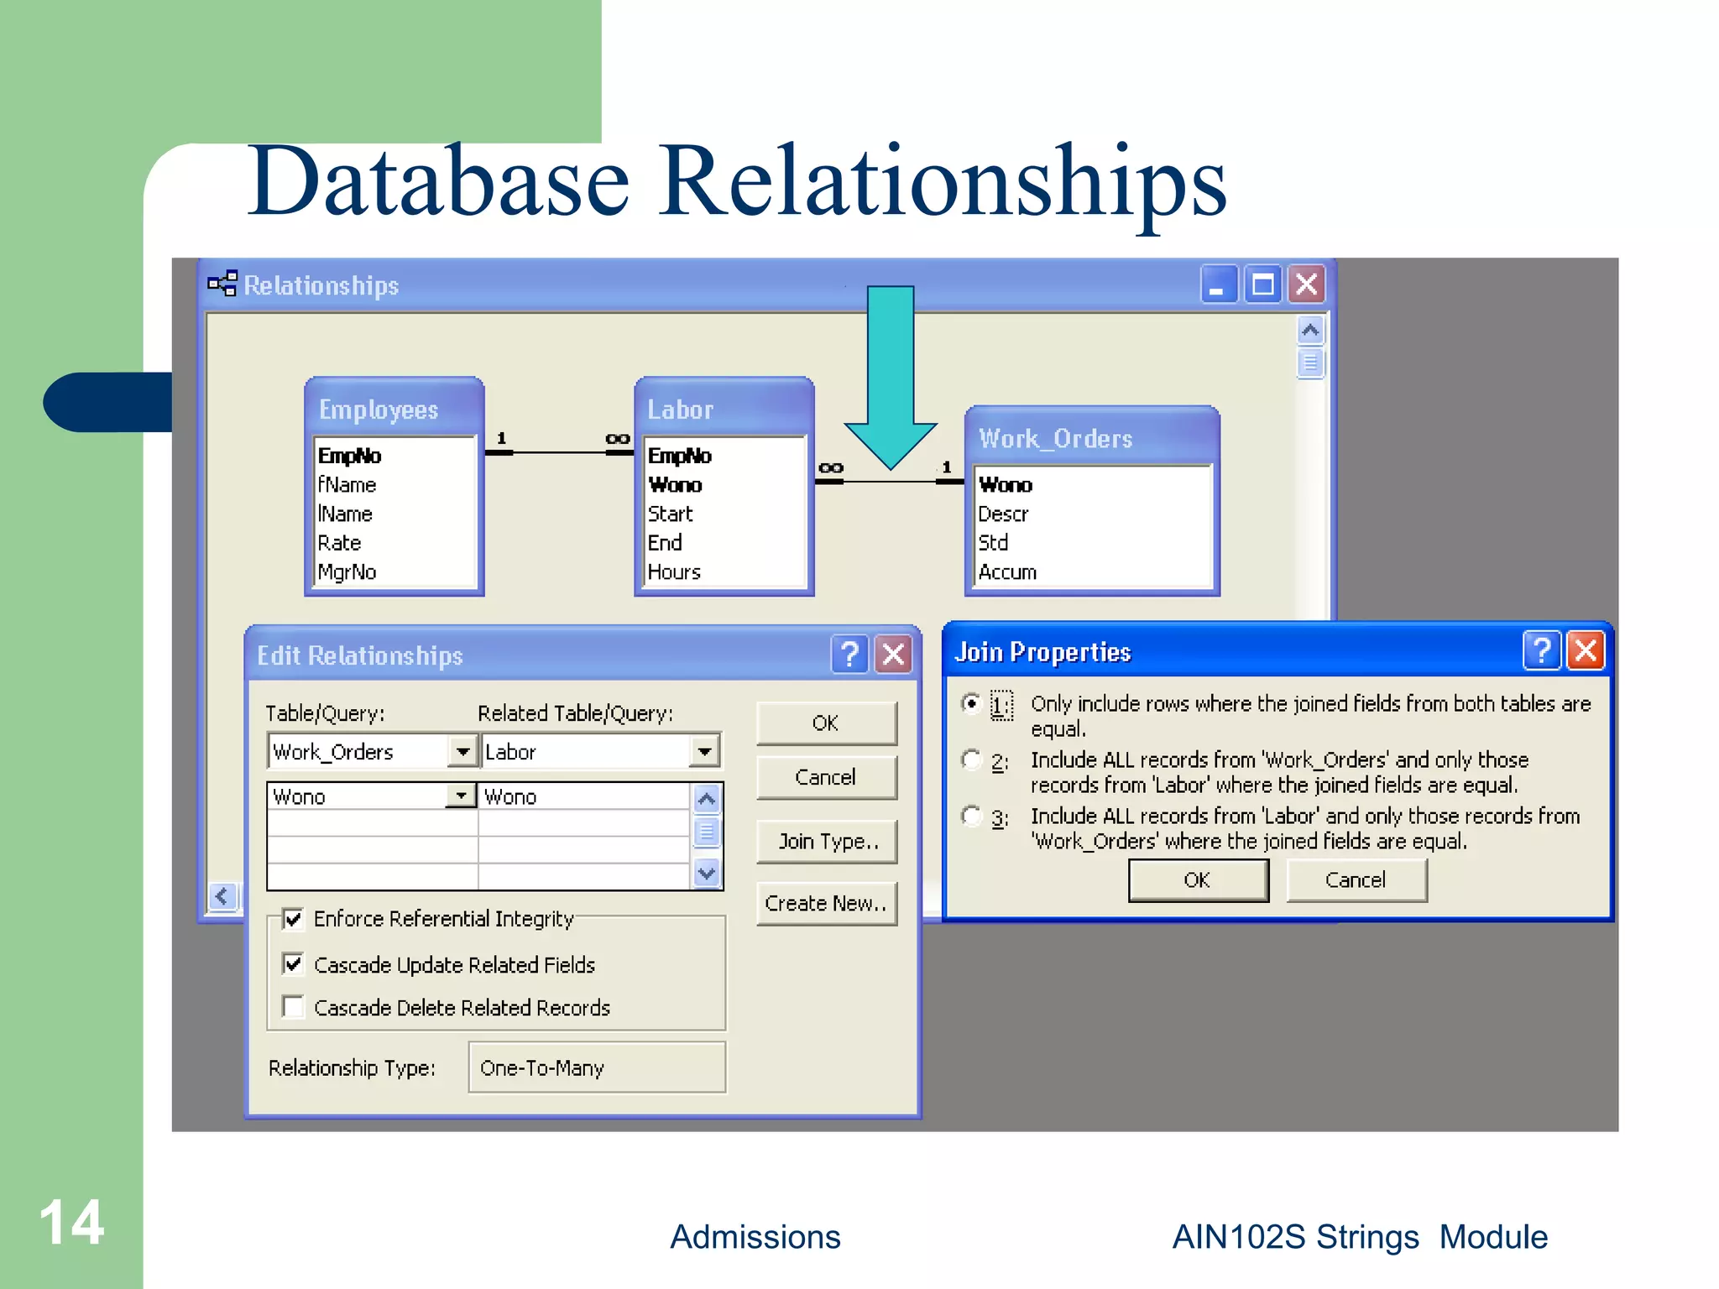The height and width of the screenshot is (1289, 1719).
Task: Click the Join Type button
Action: pos(827,841)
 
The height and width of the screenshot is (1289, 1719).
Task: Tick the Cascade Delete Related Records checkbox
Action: pos(293,1006)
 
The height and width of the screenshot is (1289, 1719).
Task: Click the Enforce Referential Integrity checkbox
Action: pos(293,919)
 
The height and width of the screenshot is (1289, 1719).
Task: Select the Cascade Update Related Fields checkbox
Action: pos(293,963)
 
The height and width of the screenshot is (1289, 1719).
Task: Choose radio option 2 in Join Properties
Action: pos(971,759)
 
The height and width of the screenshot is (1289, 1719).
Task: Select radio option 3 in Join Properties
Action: pos(971,816)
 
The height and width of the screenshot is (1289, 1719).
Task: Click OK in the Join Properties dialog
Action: pos(1197,879)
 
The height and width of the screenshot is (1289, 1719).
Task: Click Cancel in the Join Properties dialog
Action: pos(1355,879)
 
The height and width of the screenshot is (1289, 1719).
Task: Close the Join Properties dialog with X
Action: pos(1586,650)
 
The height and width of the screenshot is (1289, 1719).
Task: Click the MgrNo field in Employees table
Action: pos(347,572)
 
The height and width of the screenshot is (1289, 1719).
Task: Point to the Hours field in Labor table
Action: pos(674,572)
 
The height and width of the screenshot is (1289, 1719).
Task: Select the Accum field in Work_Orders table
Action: pos(1007,572)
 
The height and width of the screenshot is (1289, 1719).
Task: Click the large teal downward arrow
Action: pos(891,378)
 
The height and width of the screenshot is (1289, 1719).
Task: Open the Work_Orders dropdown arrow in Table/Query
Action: pos(462,751)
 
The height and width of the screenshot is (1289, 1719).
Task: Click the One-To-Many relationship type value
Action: pos(596,1067)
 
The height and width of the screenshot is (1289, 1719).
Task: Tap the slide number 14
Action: pos(71,1222)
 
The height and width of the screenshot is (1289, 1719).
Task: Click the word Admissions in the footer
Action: pos(755,1237)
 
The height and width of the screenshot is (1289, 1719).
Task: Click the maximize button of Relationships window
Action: pos(1262,284)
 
